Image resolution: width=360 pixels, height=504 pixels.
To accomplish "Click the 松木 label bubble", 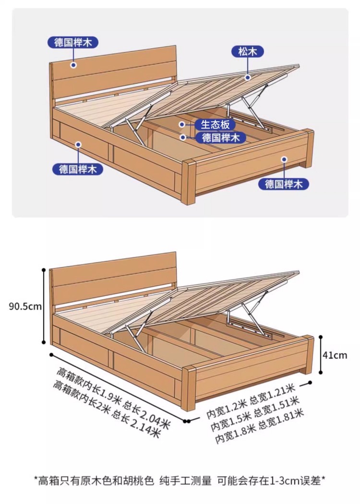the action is point(248,51).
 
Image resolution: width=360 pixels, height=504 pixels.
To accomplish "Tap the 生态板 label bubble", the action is point(215,124).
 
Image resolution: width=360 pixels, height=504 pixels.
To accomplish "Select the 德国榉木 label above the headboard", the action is point(73,42).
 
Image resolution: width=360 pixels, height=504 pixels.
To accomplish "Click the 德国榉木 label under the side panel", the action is point(78,169).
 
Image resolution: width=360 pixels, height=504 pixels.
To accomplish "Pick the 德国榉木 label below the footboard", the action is point(284,184).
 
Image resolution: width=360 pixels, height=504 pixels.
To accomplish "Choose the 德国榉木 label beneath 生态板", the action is point(221,138).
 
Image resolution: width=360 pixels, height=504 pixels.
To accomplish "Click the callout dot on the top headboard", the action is point(73,65).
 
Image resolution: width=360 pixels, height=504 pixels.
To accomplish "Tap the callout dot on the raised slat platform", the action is point(247,78).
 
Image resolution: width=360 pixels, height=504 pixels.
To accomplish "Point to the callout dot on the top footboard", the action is point(284,159).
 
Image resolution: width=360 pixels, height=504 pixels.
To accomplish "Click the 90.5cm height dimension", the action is point(25,306).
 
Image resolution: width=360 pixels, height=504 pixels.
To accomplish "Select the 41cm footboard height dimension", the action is point(335,355).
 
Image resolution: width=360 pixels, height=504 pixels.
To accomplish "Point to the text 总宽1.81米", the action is point(281,419).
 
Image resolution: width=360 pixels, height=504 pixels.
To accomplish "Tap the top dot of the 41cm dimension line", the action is point(321,337).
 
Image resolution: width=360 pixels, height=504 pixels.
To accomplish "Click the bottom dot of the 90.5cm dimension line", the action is point(44,343).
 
